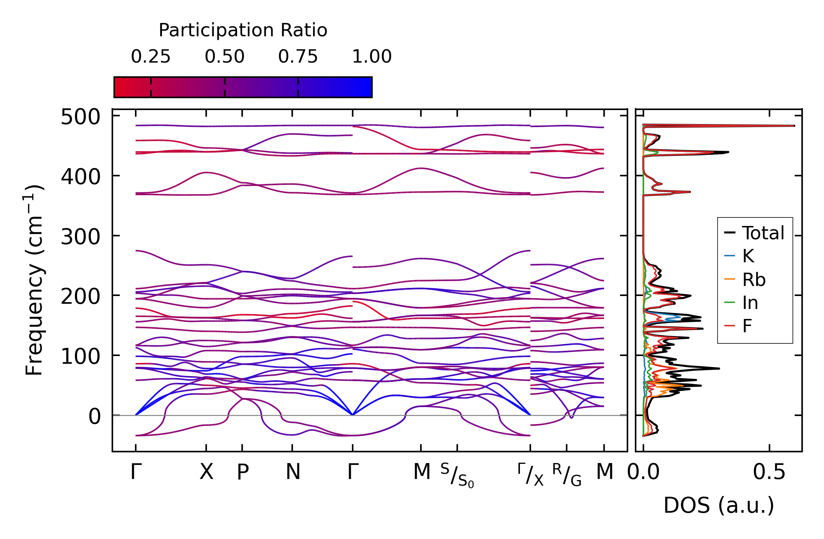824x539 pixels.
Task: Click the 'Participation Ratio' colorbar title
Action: point(243,30)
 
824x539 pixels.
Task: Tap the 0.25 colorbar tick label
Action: point(151,57)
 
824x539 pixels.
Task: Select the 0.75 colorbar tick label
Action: point(298,57)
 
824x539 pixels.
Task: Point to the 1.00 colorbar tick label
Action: point(372,57)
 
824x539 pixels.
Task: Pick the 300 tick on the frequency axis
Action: point(80,236)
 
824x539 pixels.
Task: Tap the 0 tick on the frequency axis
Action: point(95,416)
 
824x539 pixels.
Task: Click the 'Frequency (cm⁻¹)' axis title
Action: point(34,280)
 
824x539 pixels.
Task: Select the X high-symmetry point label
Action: point(207,472)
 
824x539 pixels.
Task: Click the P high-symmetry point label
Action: point(243,472)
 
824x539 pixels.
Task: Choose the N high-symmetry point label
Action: point(293,472)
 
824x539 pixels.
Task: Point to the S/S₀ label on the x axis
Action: point(457,475)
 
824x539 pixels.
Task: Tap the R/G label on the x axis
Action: point(567,475)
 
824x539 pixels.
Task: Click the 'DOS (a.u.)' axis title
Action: point(719,505)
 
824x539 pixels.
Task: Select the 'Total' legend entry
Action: point(763,233)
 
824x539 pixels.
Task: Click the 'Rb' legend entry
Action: point(754,280)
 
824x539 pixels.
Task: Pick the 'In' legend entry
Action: point(750,303)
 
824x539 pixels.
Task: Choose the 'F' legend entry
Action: point(747,326)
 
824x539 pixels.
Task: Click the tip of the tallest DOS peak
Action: point(794,126)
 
